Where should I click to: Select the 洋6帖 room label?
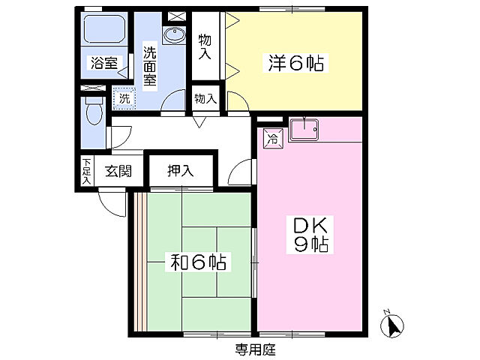coord(295,64)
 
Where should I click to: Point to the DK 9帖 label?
coord(307,234)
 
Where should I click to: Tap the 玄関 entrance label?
coord(118,170)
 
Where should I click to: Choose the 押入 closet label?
coord(180,170)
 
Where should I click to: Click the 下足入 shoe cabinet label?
coord(87,171)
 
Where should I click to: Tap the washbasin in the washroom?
coord(174,34)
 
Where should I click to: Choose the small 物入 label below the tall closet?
coord(205,98)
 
